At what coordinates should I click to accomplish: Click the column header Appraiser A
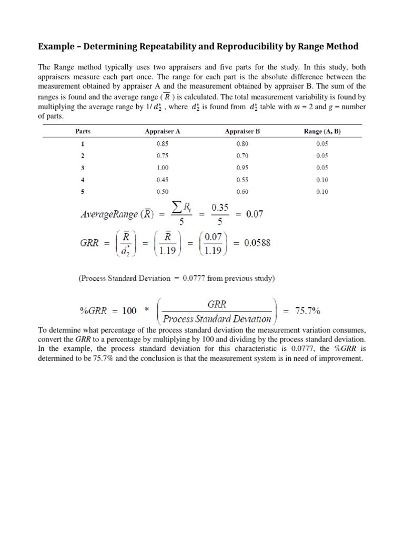pos(162,132)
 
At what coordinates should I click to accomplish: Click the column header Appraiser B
pos(242,132)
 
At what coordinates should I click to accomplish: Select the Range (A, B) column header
pos(322,132)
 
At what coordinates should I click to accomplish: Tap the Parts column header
pos(83,132)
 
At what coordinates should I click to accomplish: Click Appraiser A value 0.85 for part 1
pos(162,143)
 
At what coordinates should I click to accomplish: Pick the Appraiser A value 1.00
pos(162,168)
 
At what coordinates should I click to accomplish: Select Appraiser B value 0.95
pos(242,168)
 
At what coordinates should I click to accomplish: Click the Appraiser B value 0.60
pos(242,192)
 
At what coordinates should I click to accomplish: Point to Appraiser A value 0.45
pos(162,180)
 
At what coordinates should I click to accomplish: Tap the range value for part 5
pos(322,192)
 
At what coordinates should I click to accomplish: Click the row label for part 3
pos(82,168)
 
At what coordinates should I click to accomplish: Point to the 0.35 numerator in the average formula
pos(220,208)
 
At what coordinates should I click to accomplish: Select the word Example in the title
pos(56,47)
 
